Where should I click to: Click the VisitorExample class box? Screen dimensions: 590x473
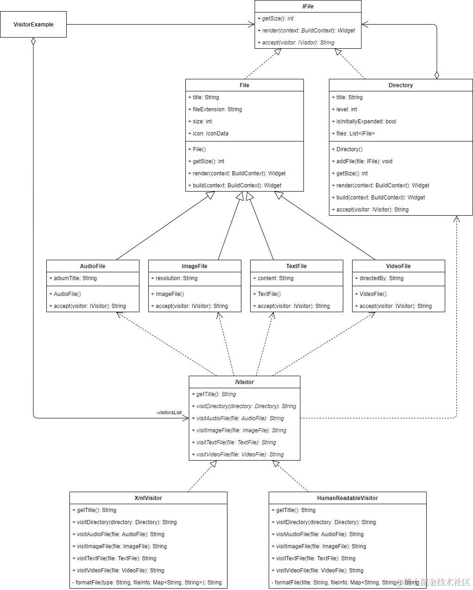tap(33, 25)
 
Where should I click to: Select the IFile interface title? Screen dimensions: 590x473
tap(308, 6)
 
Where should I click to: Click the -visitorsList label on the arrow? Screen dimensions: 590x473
tap(169, 412)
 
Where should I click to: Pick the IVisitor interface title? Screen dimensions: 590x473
tap(244, 382)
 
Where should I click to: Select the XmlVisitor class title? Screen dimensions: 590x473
tap(148, 498)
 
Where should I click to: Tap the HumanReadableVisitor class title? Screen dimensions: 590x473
tap(347, 498)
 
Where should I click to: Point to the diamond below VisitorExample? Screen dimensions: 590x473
tap(33, 41)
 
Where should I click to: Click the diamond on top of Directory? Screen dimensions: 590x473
tap(436, 75)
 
